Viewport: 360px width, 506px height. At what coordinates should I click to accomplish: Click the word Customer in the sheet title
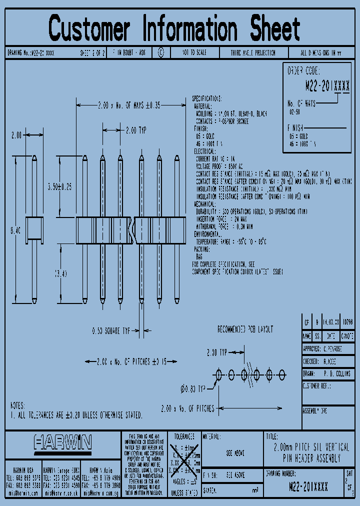pos(90,28)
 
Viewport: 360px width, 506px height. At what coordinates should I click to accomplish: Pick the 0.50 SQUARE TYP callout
pos(110,330)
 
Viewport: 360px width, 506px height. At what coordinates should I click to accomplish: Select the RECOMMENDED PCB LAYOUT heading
pos(245,329)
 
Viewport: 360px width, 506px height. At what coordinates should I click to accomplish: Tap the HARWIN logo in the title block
pos(63,442)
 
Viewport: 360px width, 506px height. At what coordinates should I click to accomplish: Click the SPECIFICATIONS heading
pos(207,99)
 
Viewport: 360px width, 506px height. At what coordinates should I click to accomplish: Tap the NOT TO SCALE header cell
pos(193,52)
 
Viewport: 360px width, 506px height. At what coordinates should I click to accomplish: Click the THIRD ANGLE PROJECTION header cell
pos(253,52)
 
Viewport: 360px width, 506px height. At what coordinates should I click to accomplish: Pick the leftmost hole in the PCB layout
pos(218,373)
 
